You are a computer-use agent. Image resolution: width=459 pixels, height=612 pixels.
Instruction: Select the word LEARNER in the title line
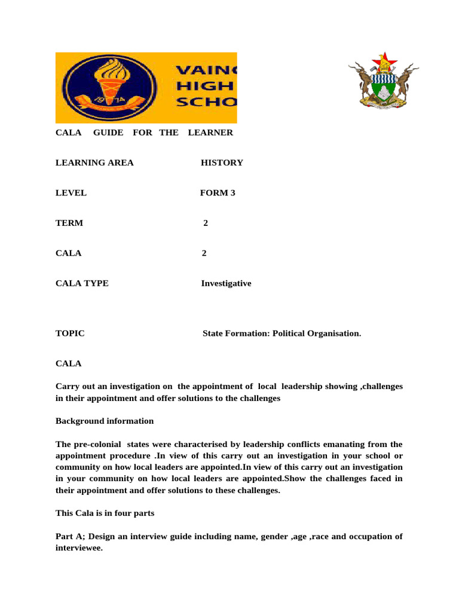pyautogui.click(x=210, y=132)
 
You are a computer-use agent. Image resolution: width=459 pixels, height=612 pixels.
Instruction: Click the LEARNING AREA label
pyautogui.click(x=94, y=163)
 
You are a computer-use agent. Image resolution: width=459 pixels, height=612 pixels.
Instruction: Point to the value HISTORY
pyautogui.click(x=222, y=163)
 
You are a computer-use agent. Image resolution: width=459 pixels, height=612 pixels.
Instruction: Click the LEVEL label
pyautogui.click(x=71, y=193)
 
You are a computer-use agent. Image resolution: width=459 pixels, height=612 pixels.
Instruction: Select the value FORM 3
pyautogui.click(x=213, y=193)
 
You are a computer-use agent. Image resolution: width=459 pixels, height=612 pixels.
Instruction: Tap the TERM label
pyautogui.click(x=69, y=223)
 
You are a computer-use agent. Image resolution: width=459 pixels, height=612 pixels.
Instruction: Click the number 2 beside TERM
pyautogui.click(x=206, y=223)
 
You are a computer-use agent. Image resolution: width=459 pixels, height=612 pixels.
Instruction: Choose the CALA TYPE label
pyautogui.click(x=82, y=283)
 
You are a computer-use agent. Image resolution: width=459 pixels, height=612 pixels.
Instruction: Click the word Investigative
pyautogui.click(x=226, y=283)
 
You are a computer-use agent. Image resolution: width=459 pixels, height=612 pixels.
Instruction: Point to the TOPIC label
pyautogui.click(x=70, y=333)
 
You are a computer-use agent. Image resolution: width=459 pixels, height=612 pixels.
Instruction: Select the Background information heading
pyautogui.click(x=105, y=421)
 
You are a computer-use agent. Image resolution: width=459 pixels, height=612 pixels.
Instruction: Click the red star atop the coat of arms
pyautogui.click(x=384, y=59)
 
